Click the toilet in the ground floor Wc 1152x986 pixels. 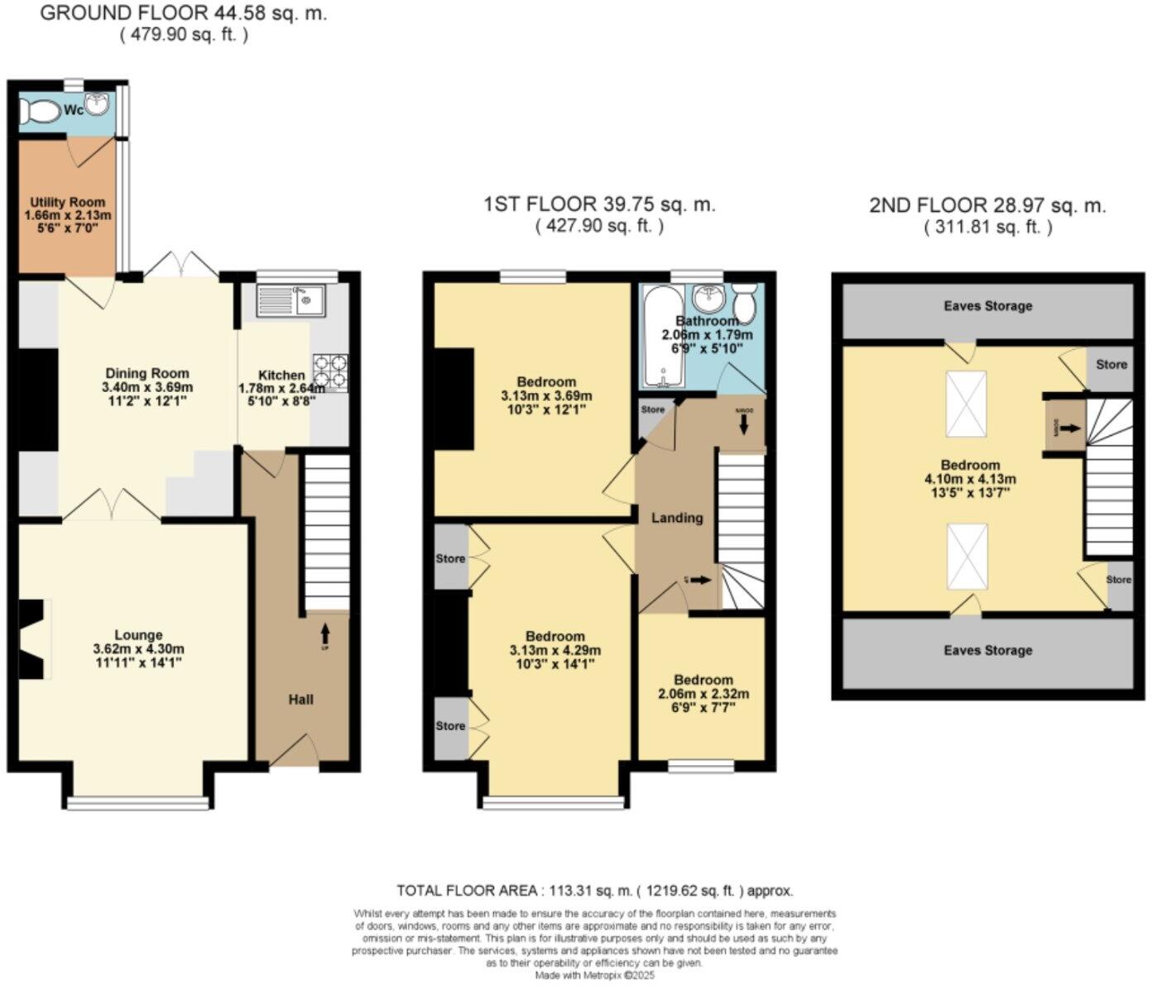(40, 111)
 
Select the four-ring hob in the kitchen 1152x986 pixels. (330, 371)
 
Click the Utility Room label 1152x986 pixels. (68, 202)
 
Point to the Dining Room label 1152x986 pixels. (146, 373)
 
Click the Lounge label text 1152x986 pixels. (138, 635)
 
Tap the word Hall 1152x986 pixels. (300, 700)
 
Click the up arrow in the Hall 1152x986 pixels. (324, 634)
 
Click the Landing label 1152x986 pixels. (677, 518)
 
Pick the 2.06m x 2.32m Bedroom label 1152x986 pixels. (703, 679)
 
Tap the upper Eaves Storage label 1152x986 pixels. (987, 306)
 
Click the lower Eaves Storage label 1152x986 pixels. (987, 650)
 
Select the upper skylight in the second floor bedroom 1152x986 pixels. (967, 404)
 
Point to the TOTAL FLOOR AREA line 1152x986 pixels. (594, 891)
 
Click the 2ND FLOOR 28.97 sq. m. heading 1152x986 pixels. (986, 205)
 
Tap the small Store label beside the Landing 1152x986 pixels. (652, 409)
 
